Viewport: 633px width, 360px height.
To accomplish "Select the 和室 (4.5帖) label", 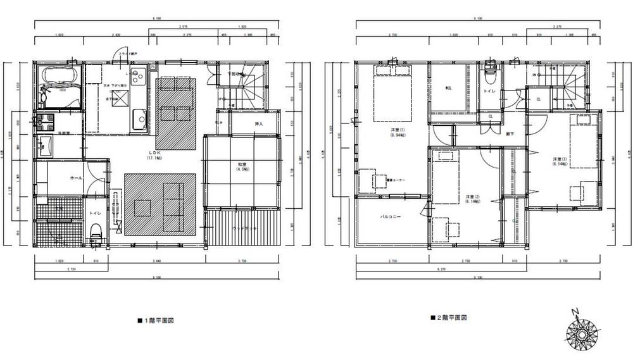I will pos(241,167).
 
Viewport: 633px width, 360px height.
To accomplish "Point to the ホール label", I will pos(68,178).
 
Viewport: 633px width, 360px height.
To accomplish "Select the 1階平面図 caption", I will pos(156,321).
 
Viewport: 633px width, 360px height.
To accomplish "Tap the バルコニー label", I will pos(389,216).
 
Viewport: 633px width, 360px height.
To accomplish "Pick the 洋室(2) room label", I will pos(469,199).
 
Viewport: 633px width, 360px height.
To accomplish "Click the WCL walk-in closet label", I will pos(448,88).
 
